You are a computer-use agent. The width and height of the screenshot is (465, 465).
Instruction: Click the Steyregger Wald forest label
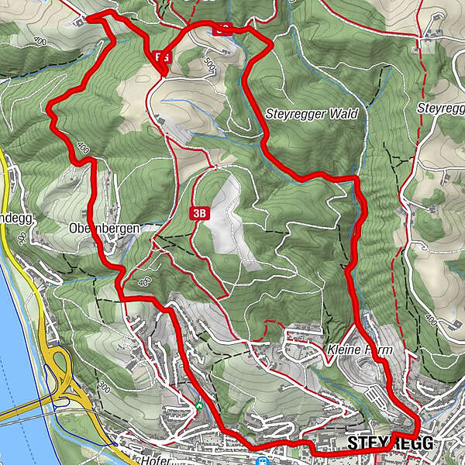[312, 113]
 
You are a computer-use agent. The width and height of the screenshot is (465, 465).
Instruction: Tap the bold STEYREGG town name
[389, 443]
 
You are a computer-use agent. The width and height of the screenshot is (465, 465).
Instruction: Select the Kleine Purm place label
[360, 350]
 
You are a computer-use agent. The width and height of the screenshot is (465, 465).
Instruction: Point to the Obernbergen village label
[103, 229]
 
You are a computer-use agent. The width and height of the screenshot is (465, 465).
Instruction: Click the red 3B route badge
[199, 212]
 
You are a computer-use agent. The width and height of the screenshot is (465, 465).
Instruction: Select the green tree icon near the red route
[199, 405]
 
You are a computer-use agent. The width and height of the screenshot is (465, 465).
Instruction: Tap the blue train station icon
[263, 460]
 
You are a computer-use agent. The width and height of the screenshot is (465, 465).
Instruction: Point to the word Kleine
[344, 350]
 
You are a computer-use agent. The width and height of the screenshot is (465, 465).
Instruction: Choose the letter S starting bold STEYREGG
[353, 443]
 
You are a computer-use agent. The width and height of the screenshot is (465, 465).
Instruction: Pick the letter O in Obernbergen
[73, 229]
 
